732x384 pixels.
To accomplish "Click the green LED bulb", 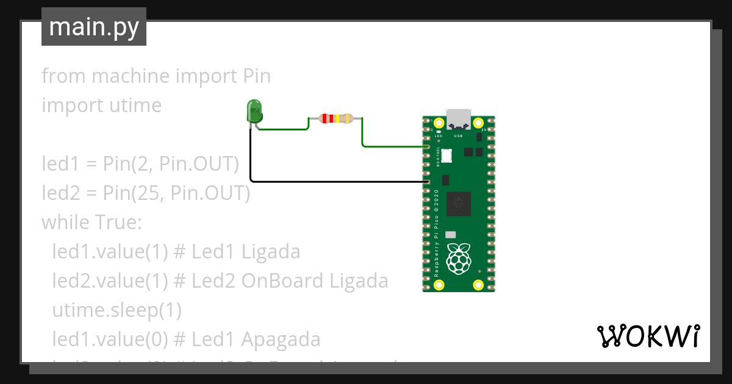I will click(x=254, y=111).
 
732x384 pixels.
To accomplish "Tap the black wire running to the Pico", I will click(x=335, y=181).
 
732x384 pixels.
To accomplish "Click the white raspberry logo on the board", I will click(x=459, y=258).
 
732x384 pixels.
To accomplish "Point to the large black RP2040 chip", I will click(x=459, y=204).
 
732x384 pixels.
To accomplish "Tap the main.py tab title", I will click(x=94, y=27).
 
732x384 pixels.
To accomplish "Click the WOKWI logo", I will click(x=648, y=336).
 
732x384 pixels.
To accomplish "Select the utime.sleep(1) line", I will click(x=117, y=310).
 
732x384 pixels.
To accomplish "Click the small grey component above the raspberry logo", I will click(x=451, y=235).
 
